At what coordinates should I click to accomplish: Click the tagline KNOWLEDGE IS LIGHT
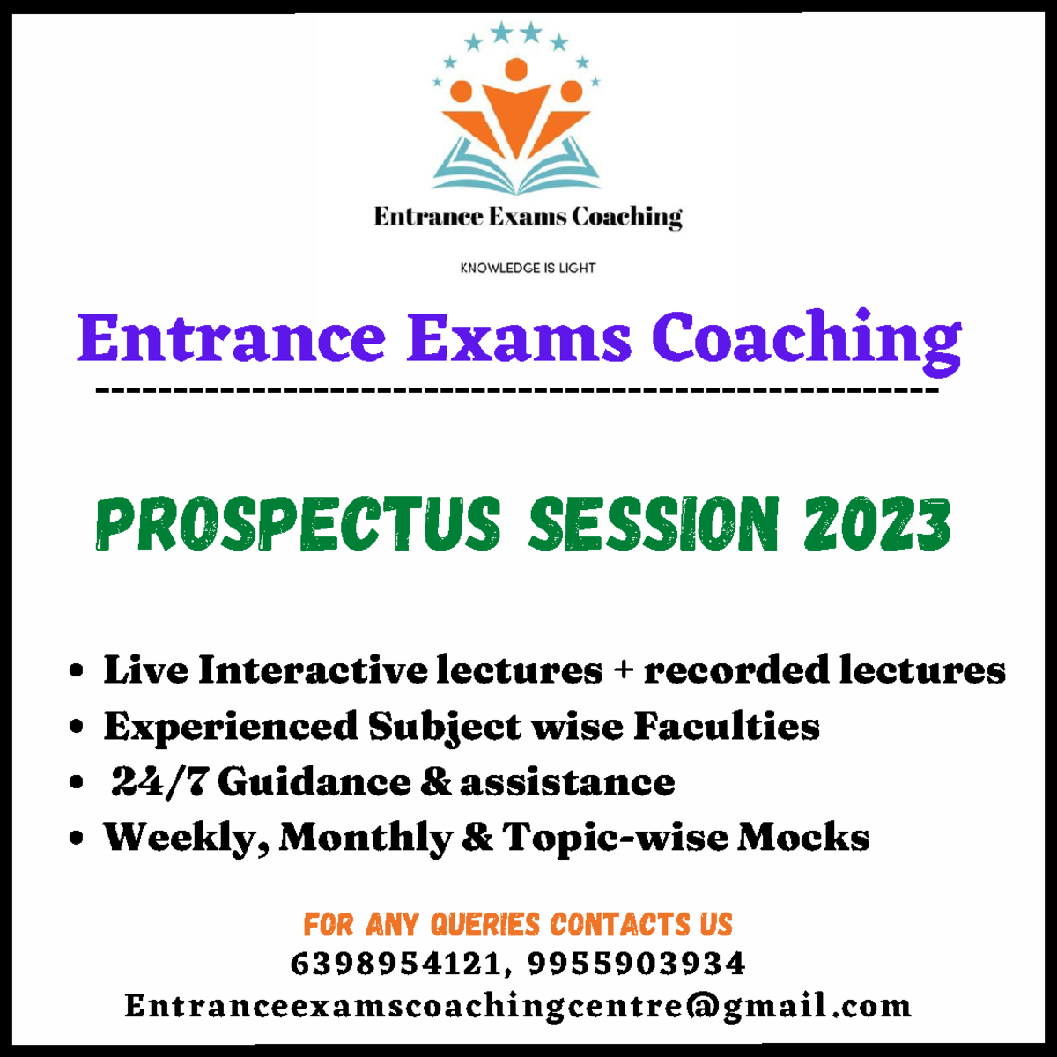528,268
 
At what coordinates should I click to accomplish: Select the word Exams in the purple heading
519,338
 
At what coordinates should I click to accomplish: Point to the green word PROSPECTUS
298,525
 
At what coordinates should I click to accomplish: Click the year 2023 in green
876,525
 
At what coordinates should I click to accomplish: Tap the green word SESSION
654,525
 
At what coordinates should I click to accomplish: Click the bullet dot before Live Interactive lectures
77,671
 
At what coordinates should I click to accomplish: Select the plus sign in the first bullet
624,670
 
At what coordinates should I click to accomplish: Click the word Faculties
727,727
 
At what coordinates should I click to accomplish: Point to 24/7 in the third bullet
158,782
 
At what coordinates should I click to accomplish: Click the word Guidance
314,782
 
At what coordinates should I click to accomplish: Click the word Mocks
803,838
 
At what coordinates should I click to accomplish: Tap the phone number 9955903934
636,964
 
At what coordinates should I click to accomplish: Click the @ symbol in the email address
701,1006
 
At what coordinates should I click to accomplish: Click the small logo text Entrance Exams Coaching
528,217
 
